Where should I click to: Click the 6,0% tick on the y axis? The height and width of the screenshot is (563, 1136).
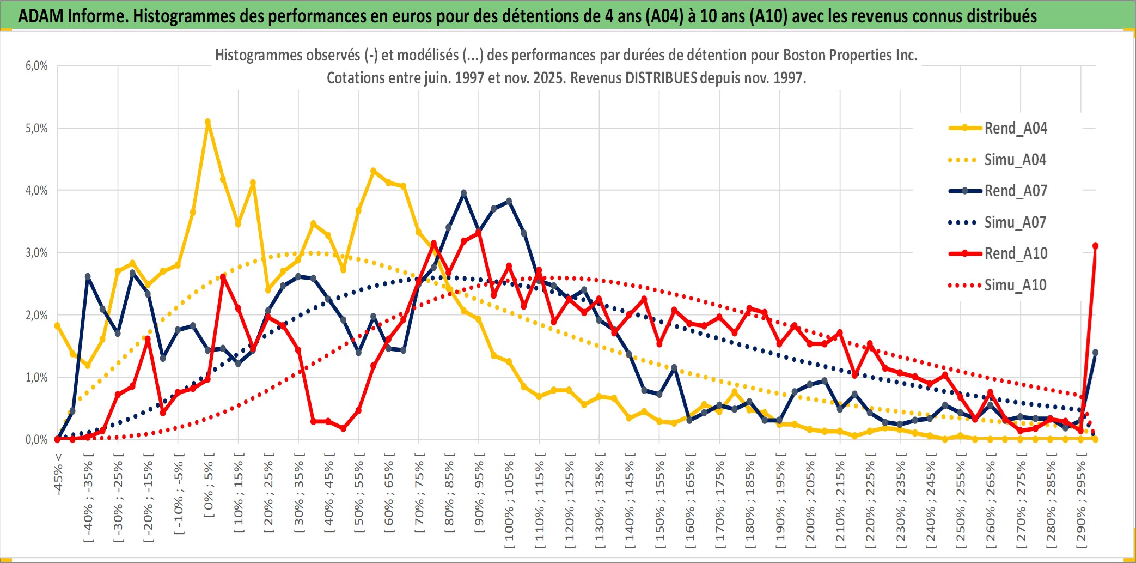coord(36,66)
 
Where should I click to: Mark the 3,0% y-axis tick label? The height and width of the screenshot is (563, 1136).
coord(36,253)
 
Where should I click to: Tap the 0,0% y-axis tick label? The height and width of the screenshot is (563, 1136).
coord(36,440)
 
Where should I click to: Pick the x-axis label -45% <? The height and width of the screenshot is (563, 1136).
coord(58,474)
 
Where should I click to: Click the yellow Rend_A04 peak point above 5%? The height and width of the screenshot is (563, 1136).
coord(207,122)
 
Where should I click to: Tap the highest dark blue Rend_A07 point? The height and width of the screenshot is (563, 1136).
coord(463,193)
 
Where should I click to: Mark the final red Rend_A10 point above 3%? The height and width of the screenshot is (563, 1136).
coord(1095,246)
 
